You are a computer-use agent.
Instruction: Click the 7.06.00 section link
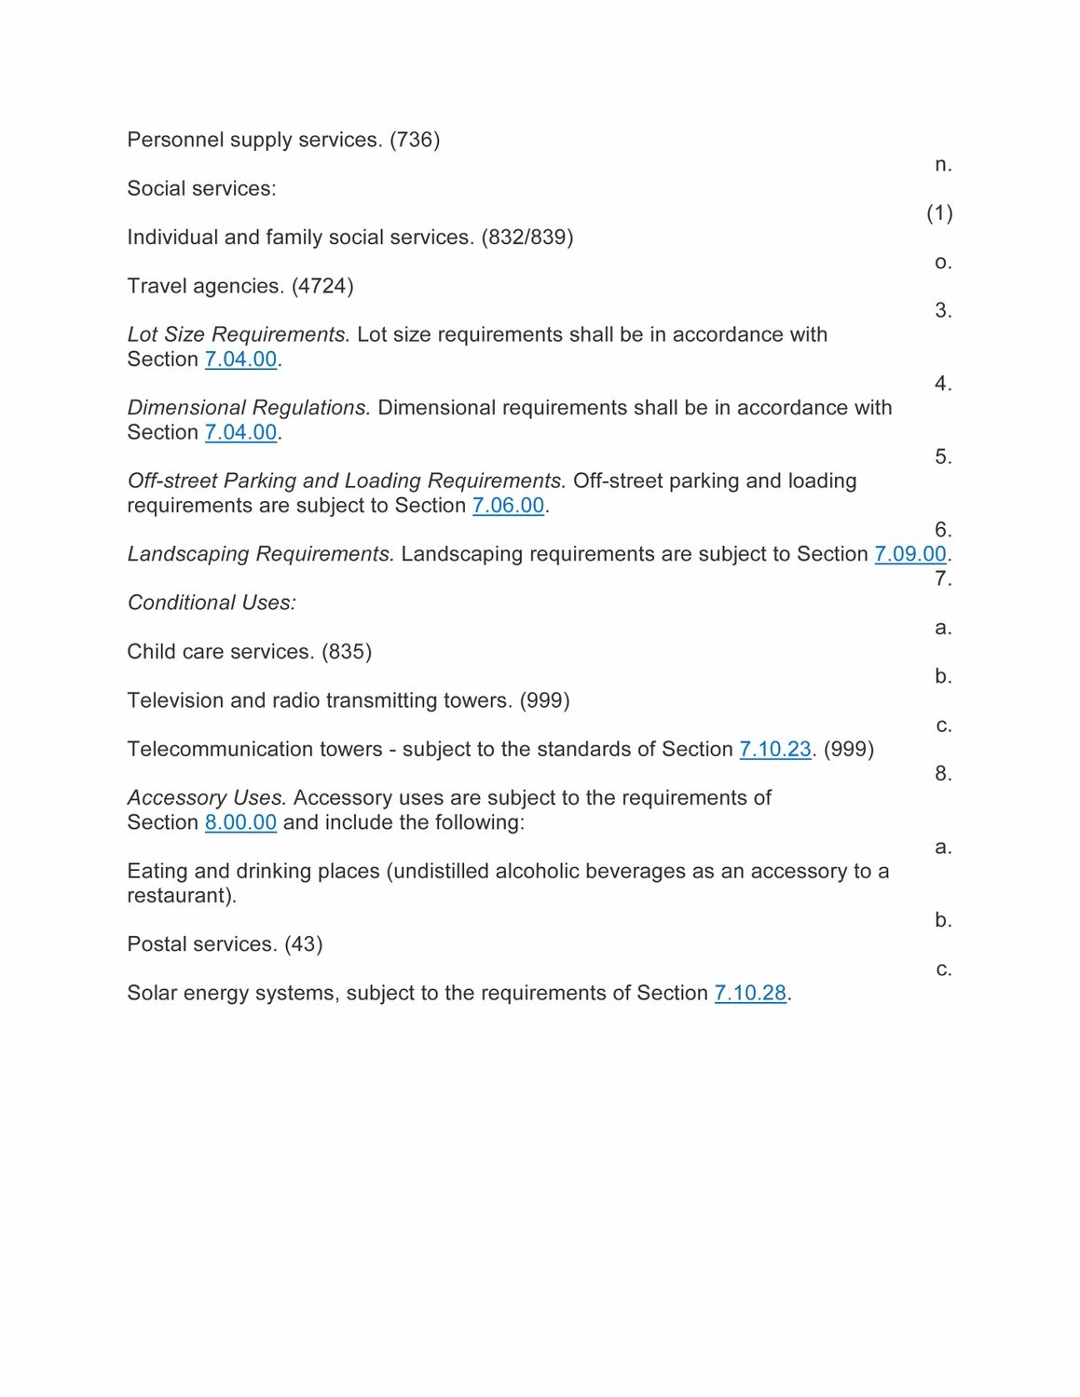point(508,506)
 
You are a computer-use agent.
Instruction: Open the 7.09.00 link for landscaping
point(909,554)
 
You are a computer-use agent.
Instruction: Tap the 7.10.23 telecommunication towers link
point(774,750)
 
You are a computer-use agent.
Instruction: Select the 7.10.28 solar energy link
point(750,994)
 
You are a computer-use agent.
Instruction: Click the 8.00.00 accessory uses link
point(240,823)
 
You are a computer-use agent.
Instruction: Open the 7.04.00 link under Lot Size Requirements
point(240,359)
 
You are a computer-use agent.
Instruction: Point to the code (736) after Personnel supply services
point(415,140)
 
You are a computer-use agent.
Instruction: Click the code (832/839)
point(526,237)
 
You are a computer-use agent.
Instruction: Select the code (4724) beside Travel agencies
point(322,286)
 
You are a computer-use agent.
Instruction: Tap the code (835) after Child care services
point(347,652)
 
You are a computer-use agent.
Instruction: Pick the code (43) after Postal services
point(304,944)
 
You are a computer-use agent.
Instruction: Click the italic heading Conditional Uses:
point(212,604)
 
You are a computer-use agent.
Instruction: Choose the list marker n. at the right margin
point(943,165)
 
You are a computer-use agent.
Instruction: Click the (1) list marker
point(939,213)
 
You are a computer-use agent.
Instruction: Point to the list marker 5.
point(943,457)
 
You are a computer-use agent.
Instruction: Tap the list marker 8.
point(943,774)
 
